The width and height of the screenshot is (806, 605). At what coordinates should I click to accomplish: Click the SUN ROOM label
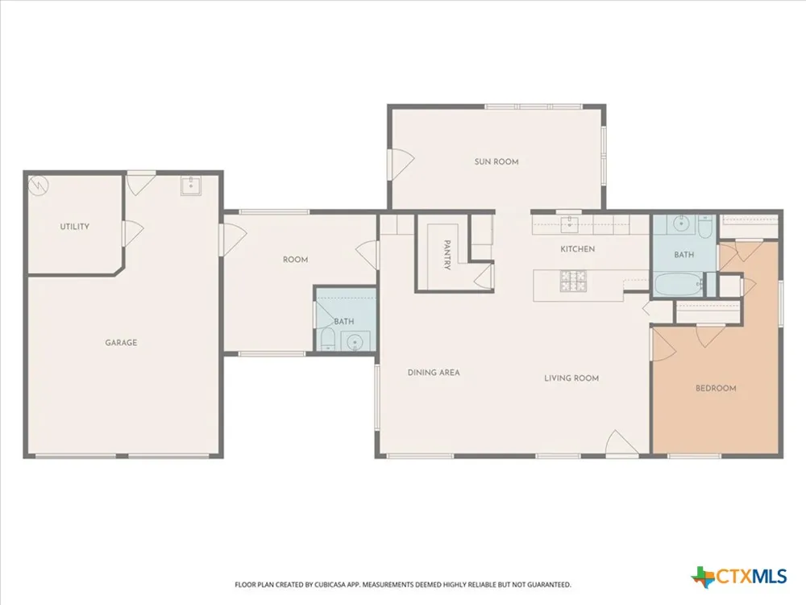click(496, 161)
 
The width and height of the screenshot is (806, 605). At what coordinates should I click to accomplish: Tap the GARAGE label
click(121, 343)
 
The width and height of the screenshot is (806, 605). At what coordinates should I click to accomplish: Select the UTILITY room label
click(74, 227)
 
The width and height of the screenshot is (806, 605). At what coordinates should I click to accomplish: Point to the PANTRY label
click(447, 255)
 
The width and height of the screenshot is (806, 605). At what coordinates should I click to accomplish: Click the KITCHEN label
click(577, 249)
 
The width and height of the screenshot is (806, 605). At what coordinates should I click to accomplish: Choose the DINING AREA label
click(434, 373)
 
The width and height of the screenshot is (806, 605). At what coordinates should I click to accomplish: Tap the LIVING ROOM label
click(571, 378)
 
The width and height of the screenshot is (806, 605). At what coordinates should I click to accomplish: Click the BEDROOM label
click(716, 389)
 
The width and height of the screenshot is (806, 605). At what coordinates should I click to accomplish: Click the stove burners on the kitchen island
click(573, 282)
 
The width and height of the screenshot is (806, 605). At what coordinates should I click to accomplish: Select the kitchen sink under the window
click(570, 224)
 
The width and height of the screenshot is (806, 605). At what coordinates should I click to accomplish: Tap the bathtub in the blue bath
click(679, 285)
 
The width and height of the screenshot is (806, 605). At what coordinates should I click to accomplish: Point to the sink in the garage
click(191, 186)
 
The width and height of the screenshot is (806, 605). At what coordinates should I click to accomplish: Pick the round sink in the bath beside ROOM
click(355, 342)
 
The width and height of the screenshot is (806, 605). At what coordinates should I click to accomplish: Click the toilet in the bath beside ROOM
click(327, 340)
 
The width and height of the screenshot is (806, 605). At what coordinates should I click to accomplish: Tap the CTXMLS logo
click(738, 576)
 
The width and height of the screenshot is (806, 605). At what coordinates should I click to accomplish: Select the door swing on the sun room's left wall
click(401, 164)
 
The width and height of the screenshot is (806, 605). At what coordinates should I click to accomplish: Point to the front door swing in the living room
click(622, 444)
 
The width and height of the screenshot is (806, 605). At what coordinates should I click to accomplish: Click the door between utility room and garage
click(133, 234)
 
